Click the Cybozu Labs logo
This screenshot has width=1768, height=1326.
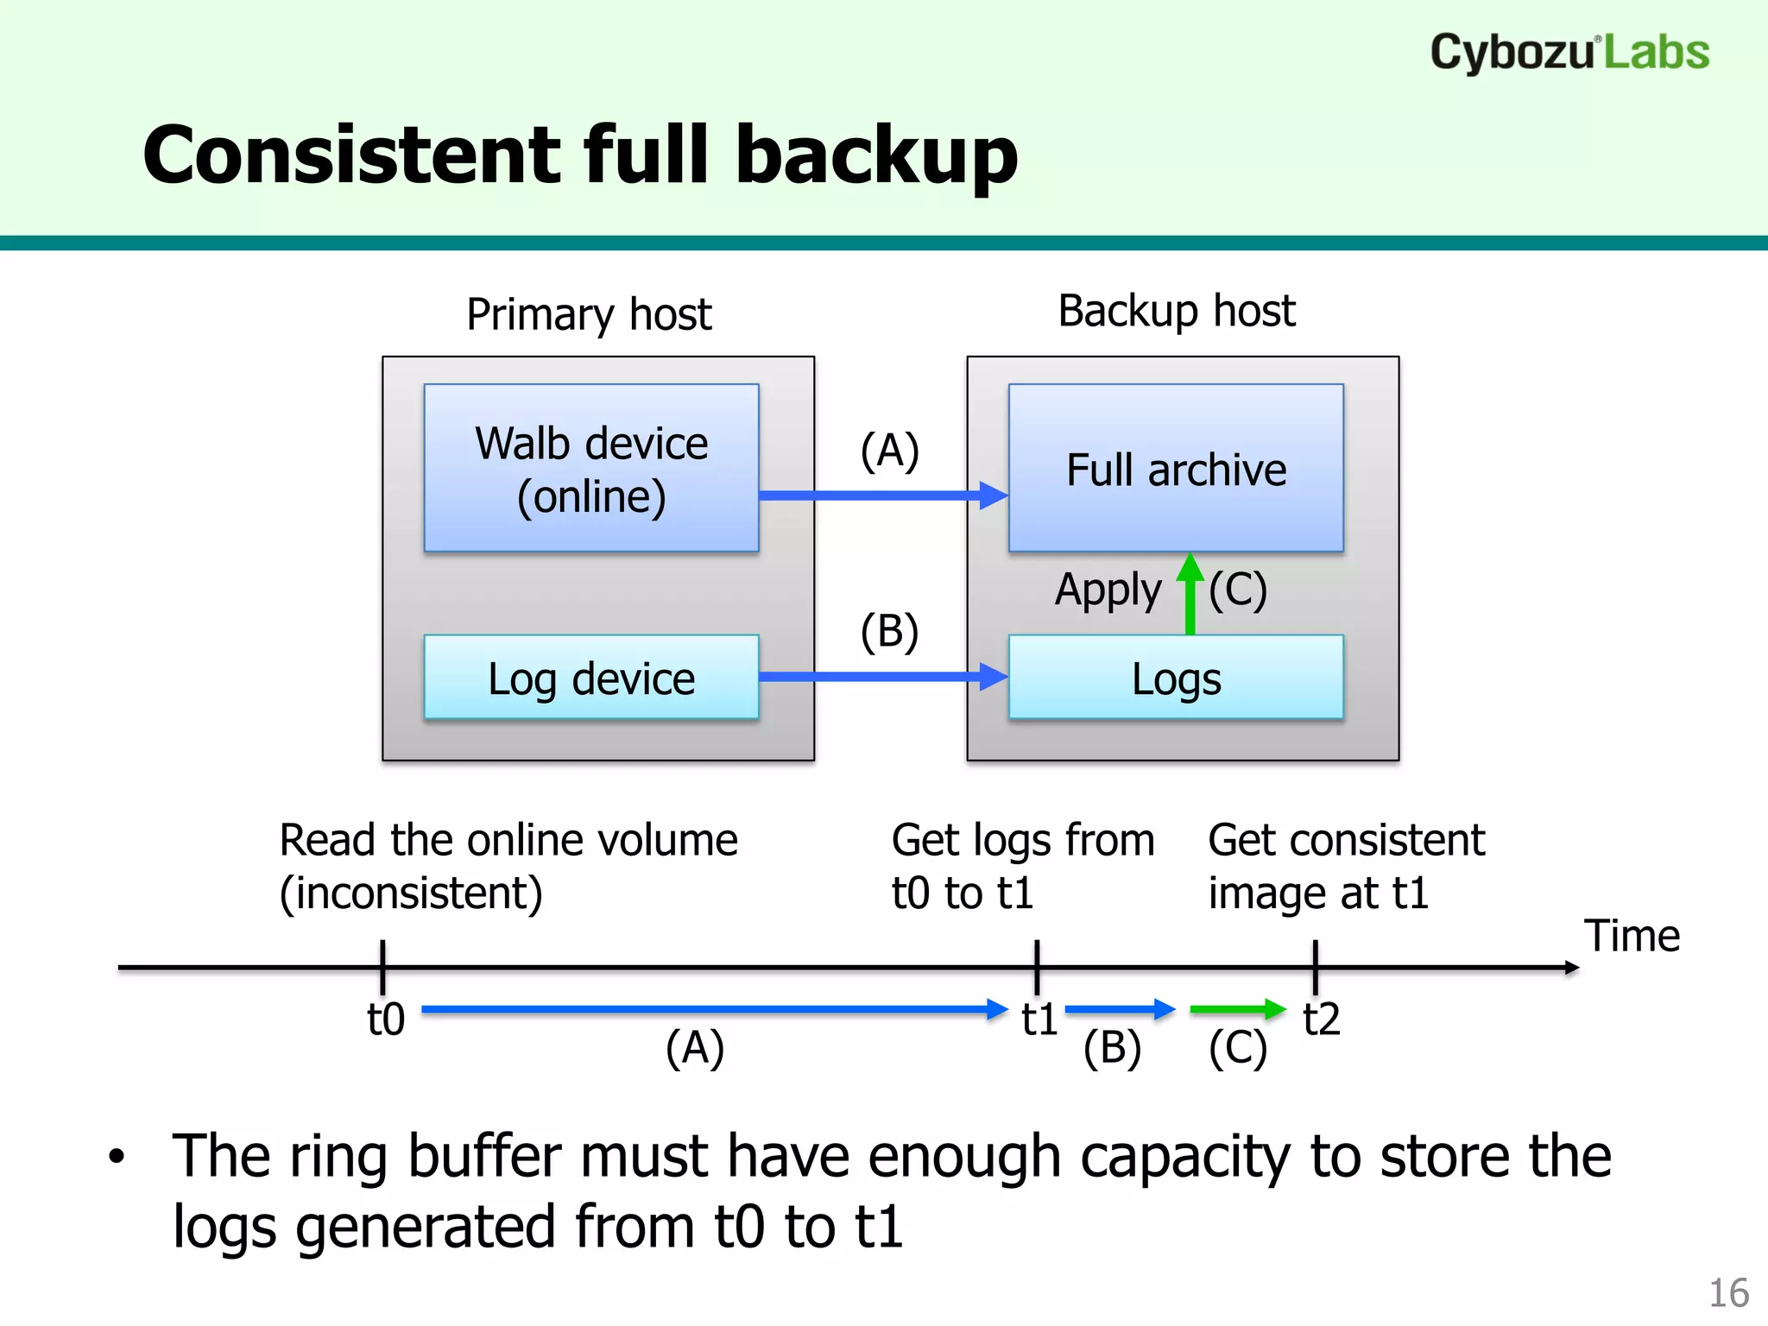pyautogui.click(x=1569, y=52)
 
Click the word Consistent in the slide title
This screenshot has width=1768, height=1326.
pyautogui.click(x=350, y=155)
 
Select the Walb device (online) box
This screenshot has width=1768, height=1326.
pyautogui.click(x=591, y=468)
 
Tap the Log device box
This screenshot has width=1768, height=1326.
pyautogui.click(x=591, y=678)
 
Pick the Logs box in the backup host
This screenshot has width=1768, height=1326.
pyautogui.click(x=1176, y=678)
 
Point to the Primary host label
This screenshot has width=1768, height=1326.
pyautogui.click(x=589, y=314)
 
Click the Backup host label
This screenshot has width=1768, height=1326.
pyautogui.click(x=1176, y=311)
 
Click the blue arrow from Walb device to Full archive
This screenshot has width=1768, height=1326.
pyautogui.click(x=881, y=496)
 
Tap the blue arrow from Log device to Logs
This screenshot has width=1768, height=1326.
pyautogui.click(x=881, y=676)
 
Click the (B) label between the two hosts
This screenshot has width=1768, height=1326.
pyautogui.click(x=889, y=631)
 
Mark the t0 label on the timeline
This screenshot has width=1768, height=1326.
pyautogui.click(x=385, y=1020)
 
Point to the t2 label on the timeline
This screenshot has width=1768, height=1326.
pyautogui.click(x=1321, y=1020)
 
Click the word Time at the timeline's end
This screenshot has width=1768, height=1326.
pyautogui.click(x=1632, y=936)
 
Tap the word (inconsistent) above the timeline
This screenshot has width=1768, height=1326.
pyautogui.click(x=411, y=893)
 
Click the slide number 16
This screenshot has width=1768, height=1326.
pyautogui.click(x=1728, y=1293)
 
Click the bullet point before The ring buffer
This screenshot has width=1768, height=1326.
pyautogui.click(x=117, y=1157)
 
